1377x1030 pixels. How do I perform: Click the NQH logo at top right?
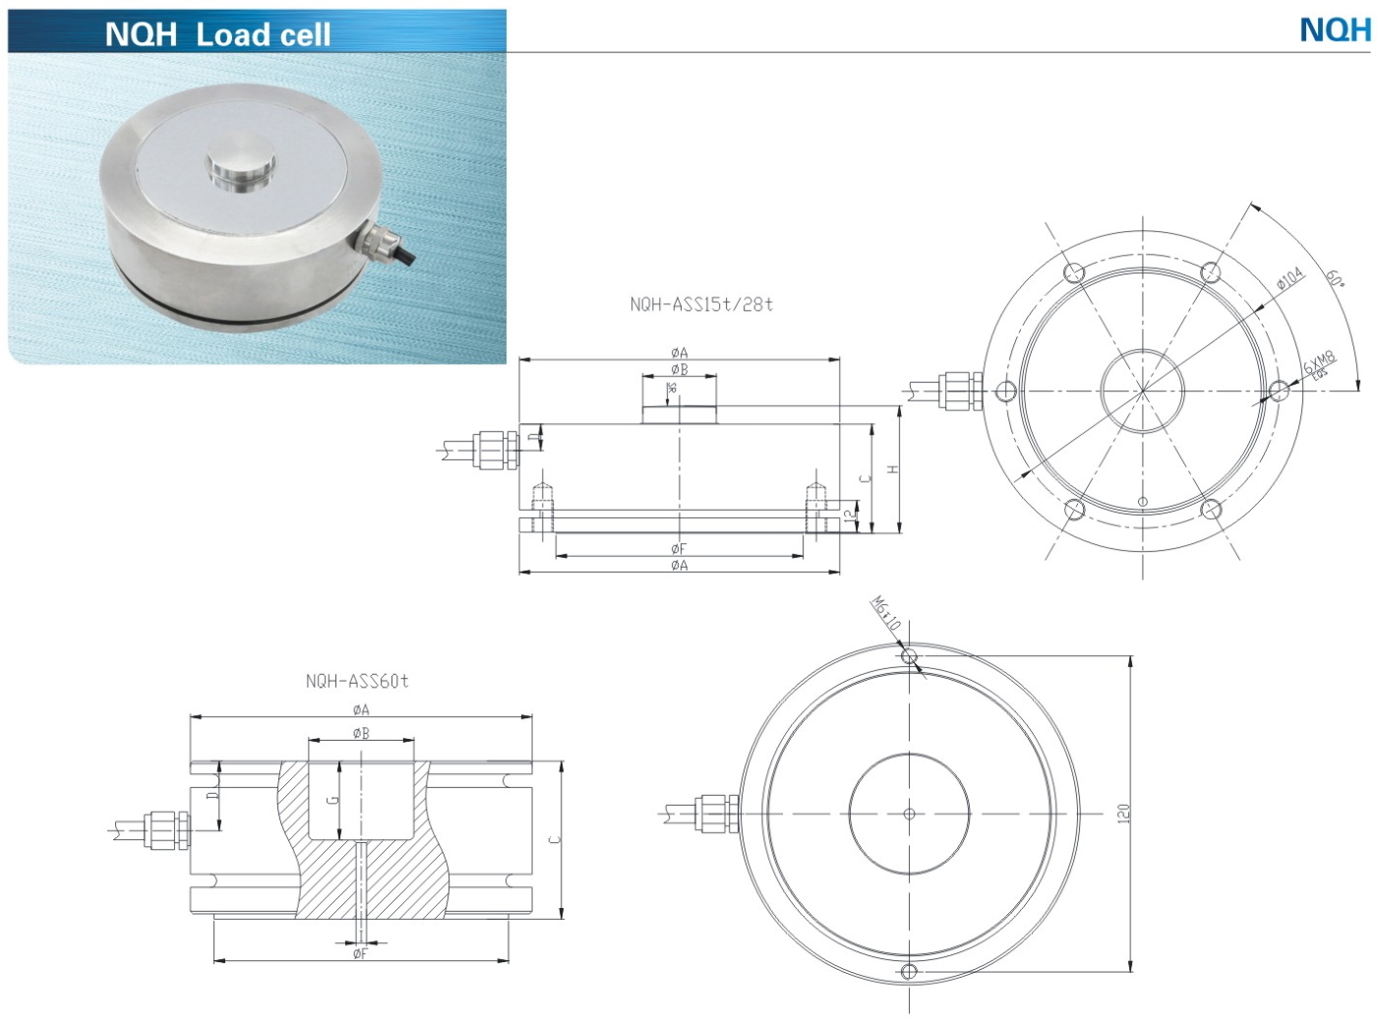(x=1334, y=30)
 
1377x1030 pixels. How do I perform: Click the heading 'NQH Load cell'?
(x=217, y=34)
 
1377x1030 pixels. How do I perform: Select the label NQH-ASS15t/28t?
(x=701, y=305)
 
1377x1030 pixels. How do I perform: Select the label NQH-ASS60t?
(x=356, y=681)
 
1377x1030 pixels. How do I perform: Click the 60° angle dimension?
(x=1334, y=278)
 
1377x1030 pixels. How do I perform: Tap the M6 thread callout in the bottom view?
(x=885, y=613)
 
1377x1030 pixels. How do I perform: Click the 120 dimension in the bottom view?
(x=1123, y=814)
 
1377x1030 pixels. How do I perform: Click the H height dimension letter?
(x=892, y=469)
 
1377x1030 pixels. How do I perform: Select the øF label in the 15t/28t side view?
(x=679, y=548)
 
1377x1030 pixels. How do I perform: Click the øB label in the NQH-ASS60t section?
(x=361, y=733)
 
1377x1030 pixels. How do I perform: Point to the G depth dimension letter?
(x=332, y=800)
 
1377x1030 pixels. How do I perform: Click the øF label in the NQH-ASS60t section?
(x=360, y=953)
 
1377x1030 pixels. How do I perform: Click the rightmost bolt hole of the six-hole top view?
(x=1278, y=392)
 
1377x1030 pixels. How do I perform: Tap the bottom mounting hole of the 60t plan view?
(x=909, y=973)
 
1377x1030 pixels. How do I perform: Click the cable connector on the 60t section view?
(x=156, y=828)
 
